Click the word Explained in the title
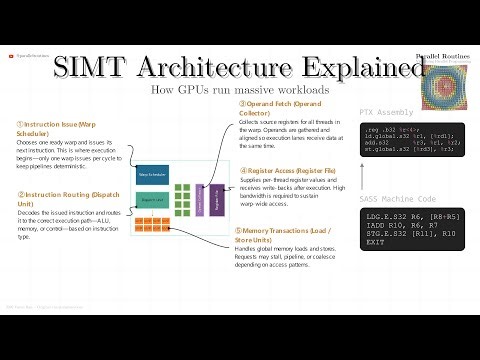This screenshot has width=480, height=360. [346, 70]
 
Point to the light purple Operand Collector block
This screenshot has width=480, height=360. [200, 199]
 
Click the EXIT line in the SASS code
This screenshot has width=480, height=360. [375, 243]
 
